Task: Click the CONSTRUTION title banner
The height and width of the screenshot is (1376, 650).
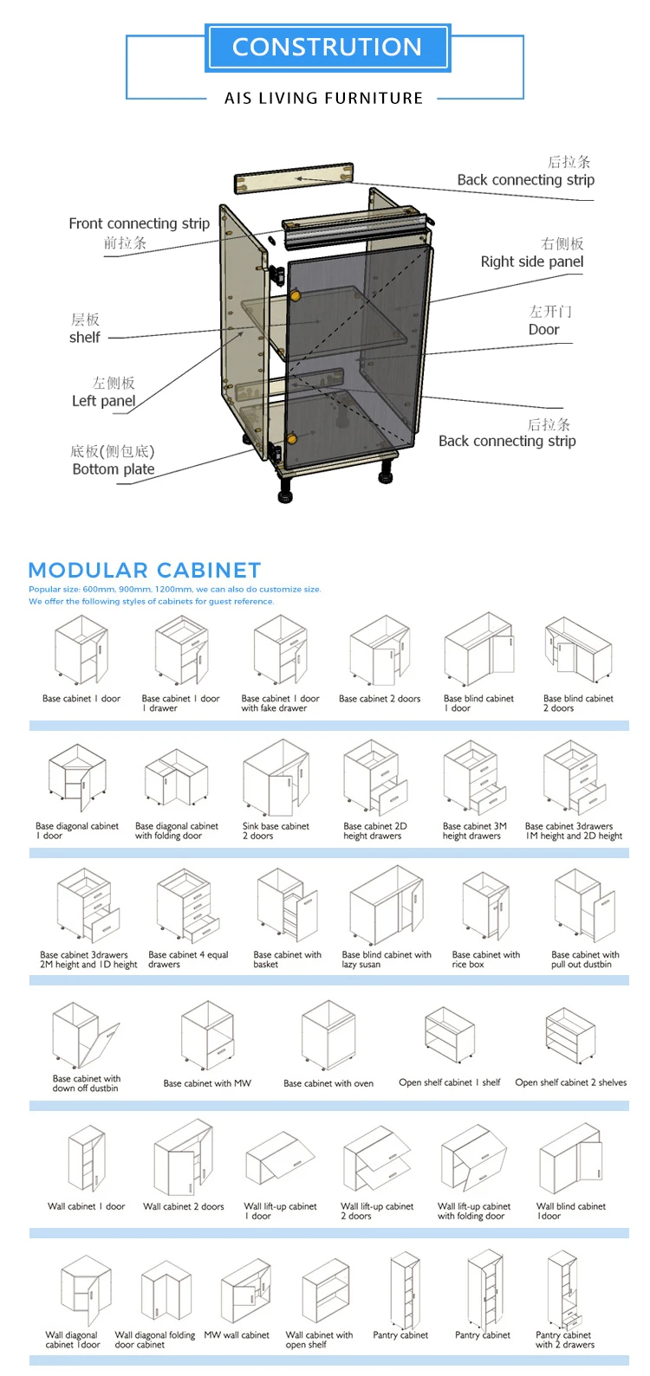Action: point(327,48)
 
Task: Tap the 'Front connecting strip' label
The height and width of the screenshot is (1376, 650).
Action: point(139,223)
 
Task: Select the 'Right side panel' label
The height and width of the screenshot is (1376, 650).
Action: point(531,262)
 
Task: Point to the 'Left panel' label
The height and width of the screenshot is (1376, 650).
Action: point(103,401)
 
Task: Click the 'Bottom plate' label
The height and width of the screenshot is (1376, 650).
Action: point(113,469)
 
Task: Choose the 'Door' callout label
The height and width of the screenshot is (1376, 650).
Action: point(543,330)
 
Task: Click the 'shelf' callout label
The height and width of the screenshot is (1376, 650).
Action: point(84,338)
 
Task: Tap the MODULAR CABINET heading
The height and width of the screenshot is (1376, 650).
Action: point(145,571)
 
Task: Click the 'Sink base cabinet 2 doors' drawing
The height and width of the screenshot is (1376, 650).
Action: point(276,777)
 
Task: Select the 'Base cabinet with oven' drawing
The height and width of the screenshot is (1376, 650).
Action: point(328,1035)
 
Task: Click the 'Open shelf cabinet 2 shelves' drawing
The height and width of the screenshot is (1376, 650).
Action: point(570,1036)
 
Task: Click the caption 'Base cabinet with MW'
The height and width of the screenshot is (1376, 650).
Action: point(207,1083)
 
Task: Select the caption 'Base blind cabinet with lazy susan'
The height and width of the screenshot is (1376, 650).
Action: point(387,959)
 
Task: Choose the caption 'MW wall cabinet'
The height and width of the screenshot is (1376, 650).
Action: point(237,1335)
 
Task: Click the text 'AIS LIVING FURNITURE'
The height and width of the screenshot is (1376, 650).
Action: point(323,99)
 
